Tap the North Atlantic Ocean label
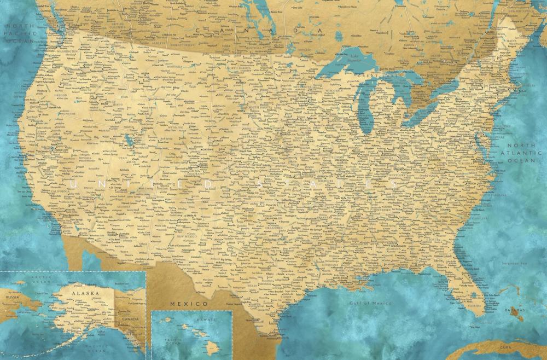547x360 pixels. pyautogui.click(x=519, y=153)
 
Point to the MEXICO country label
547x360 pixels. pyautogui.click(x=189, y=303)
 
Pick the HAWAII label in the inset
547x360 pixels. pyautogui.click(x=206, y=318)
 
